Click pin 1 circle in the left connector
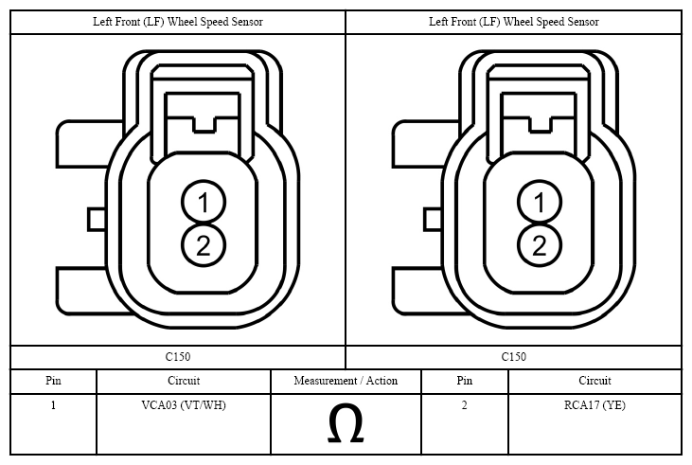pyautogui.click(x=204, y=203)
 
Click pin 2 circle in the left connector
pyautogui.click(x=204, y=245)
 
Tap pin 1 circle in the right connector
pyautogui.click(x=540, y=203)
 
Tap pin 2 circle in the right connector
pyautogui.click(x=540, y=245)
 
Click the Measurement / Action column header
pyautogui.click(x=346, y=381)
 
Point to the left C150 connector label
pyautogui.click(x=178, y=357)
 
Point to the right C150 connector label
pyautogui.click(x=514, y=357)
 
